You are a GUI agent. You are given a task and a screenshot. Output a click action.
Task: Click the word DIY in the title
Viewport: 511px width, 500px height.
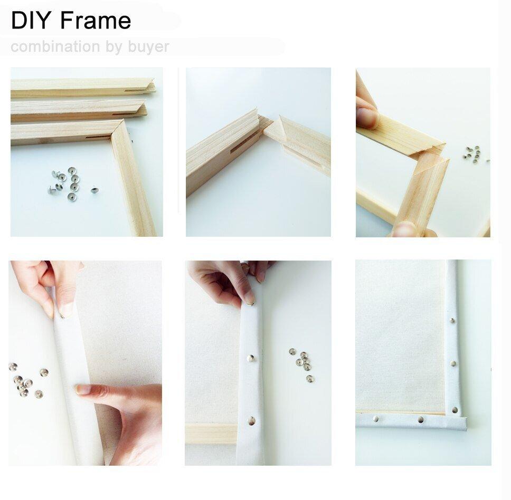coord(32,21)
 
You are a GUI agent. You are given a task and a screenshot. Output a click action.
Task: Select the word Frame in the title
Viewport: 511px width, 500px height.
coord(96,21)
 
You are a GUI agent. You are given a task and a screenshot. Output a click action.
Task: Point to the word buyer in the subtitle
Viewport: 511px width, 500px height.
coord(148,47)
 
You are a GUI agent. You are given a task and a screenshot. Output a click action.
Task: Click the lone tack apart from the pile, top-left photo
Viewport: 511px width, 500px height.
coord(94,189)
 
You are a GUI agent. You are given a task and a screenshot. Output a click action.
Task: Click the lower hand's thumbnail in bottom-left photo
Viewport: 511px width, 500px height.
coord(83,390)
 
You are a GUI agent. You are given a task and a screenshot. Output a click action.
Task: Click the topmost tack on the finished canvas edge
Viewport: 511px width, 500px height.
coord(452,320)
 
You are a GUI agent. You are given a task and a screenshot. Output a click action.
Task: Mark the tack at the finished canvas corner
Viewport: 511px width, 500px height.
coord(455,409)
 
